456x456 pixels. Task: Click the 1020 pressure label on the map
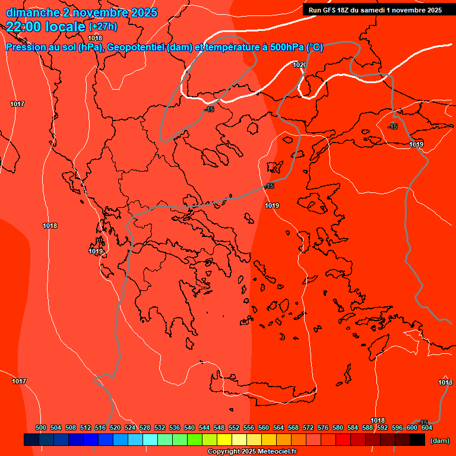click(x=300, y=65)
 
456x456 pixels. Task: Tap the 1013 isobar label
click(x=445, y=382)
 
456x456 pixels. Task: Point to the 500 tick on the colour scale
click(x=41, y=427)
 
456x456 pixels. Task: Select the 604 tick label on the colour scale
click(x=426, y=427)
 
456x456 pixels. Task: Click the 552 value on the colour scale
click(x=234, y=427)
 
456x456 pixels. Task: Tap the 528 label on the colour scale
click(x=145, y=427)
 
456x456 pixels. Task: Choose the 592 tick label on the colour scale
click(x=382, y=427)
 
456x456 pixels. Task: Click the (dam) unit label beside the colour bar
click(x=439, y=441)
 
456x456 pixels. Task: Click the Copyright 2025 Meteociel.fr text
click(x=252, y=452)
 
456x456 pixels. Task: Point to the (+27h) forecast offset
click(x=102, y=27)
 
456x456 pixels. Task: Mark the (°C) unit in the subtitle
click(x=315, y=47)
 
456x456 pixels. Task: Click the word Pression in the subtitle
click(x=25, y=47)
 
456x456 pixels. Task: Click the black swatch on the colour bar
click(x=417, y=440)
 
